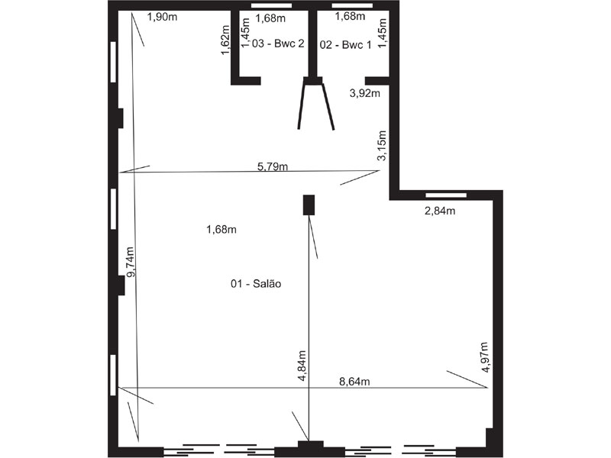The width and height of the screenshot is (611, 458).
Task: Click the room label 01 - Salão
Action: pos(256,283)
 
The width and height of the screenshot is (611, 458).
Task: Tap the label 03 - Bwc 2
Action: pos(278,44)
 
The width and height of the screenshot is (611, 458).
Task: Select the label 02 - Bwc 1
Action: pos(346,45)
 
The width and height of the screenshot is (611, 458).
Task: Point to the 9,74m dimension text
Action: pos(131,262)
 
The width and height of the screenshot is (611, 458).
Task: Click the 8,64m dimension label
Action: pos(354,382)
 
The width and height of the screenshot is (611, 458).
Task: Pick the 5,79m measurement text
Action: pos(273,166)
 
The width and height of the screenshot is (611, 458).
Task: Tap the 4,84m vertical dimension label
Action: pos(302,366)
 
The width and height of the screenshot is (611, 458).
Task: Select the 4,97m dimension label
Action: pos(484,357)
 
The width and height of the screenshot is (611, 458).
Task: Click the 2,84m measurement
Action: pos(440,211)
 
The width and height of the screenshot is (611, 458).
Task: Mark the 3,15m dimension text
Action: pos(383,145)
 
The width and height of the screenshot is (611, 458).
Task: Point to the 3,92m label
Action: pos(365,93)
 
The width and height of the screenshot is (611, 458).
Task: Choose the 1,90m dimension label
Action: pos(162,17)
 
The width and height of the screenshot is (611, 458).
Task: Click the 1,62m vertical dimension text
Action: pos(225,40)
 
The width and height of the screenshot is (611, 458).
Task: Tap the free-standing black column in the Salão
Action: pos(309,205)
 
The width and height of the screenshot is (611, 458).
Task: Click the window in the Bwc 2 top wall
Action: pos(272,6)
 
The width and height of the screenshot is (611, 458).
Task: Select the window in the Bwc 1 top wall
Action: pos(352,6)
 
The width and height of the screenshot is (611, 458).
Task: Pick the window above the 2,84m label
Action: pos(446,195)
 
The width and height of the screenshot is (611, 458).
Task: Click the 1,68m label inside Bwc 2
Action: pos(270,18)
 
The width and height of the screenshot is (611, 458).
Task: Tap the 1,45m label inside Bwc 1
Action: pos(383,34)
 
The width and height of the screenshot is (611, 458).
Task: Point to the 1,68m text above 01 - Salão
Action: pos(221,230)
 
